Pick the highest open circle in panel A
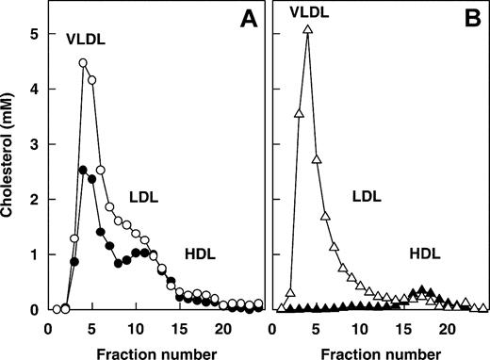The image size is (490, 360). [83, 64]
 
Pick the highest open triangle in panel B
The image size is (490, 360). [307, 29]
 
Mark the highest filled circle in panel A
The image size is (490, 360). [83, 170]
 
